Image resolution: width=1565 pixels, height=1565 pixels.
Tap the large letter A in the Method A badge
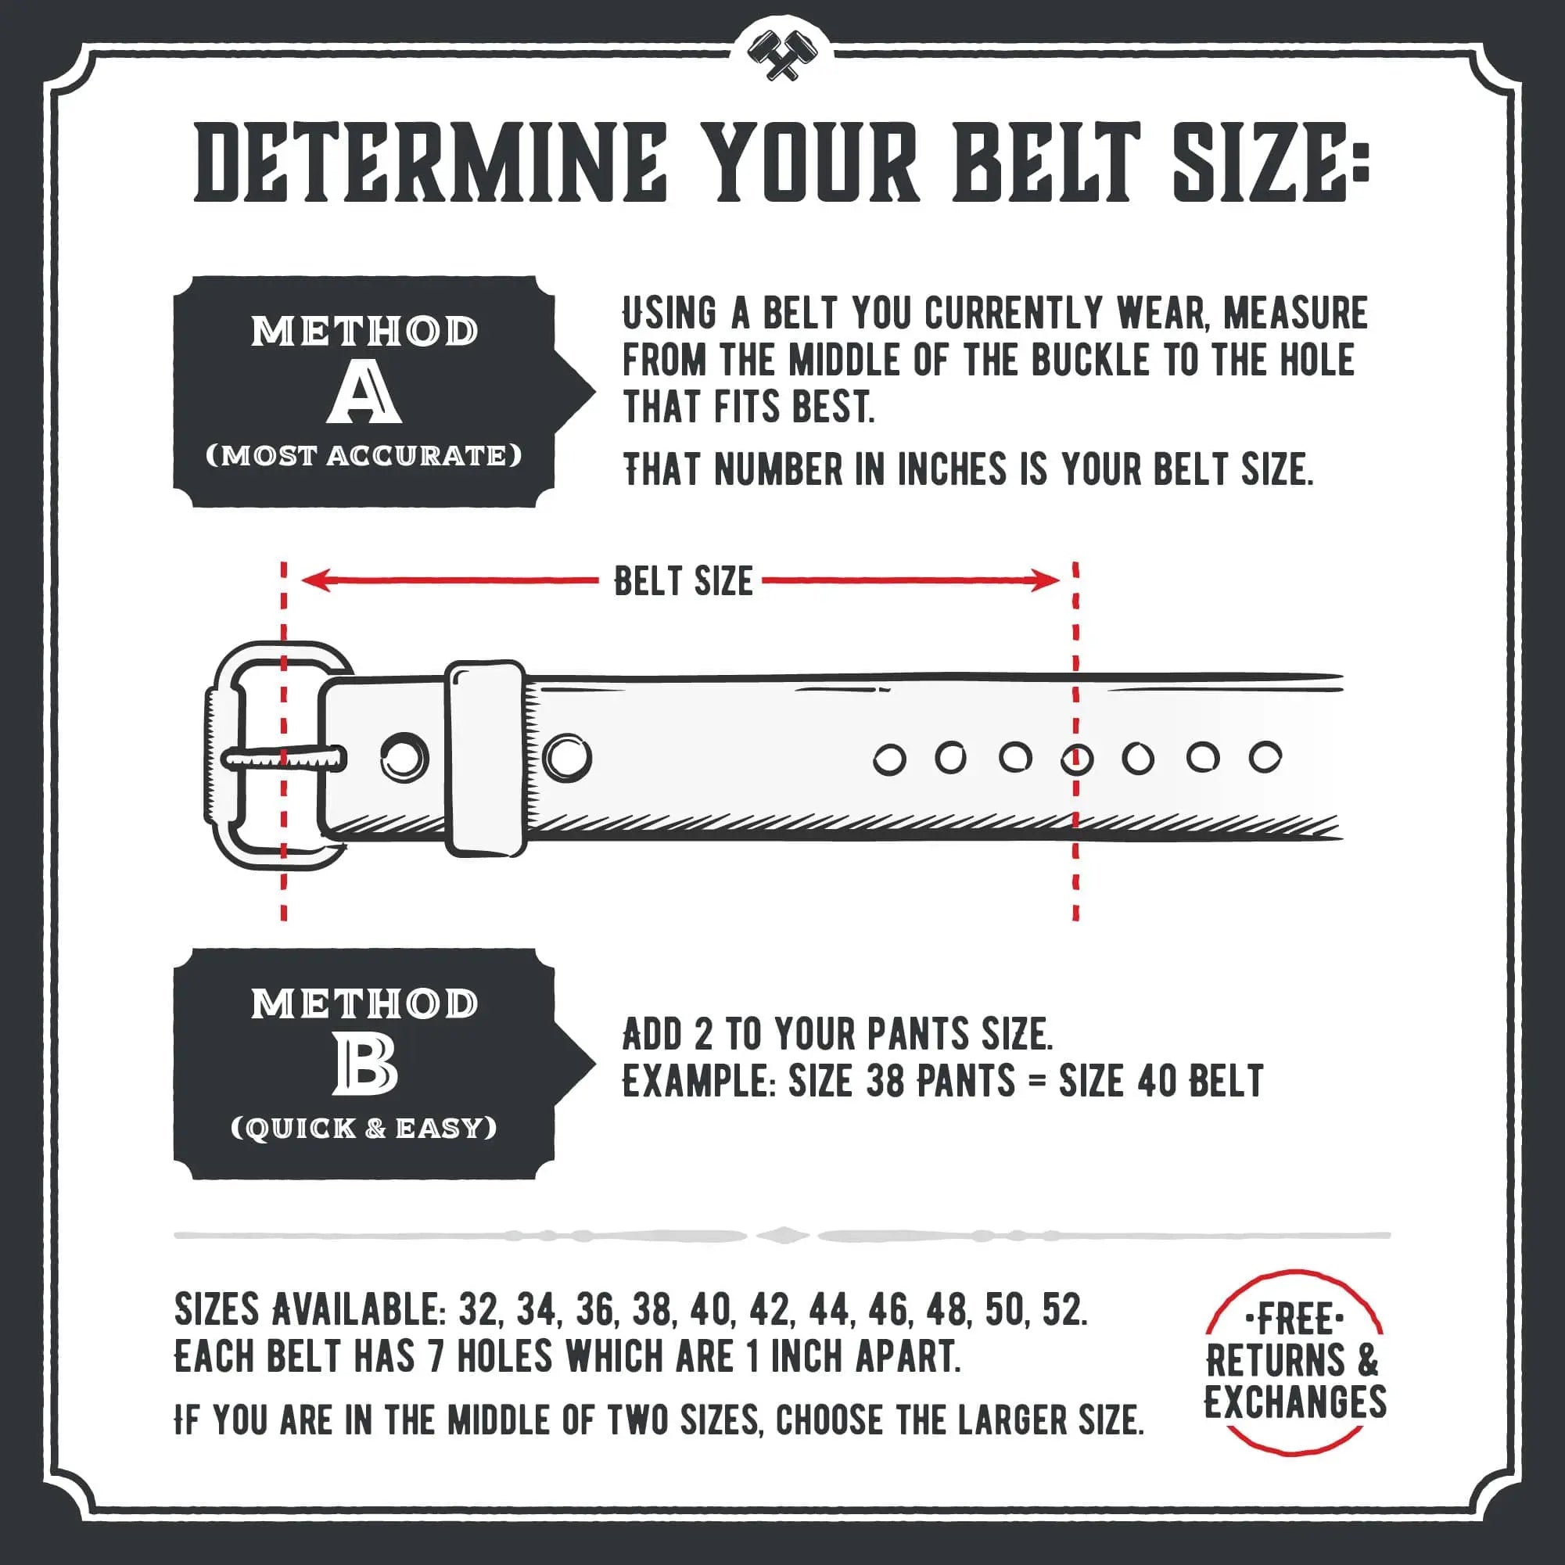click(x=364, y=393)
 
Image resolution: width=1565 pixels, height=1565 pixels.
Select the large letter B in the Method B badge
click(x=364, y=1066)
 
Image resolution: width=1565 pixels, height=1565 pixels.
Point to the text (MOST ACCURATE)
click(x=364, y=456)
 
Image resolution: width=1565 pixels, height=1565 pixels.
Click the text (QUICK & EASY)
click(x=364, y=1129)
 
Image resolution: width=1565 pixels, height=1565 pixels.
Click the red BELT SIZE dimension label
click(x=683, y=581)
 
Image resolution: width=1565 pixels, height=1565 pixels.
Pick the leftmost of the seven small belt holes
click(x=888, y=761)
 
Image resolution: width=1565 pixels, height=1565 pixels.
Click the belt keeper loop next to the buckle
click(x=485, y=757)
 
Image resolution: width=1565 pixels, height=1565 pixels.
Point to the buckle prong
click(x=283, y=759)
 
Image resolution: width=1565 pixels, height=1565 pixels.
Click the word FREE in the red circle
click(x=1294, y=1320)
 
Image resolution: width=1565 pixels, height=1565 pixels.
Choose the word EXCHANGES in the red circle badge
click(x=1294, y=1402)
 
